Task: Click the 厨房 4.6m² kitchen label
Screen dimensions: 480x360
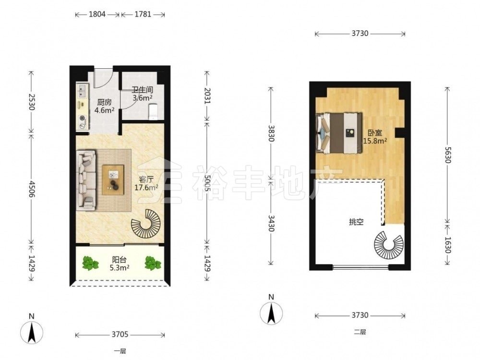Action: tap(104, 106)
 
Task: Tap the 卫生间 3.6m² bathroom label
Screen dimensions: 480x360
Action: tap(143, 94)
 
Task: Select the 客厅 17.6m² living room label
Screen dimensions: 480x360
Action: tap(146, 183)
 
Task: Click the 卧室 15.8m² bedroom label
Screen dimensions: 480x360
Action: tap(375, 137)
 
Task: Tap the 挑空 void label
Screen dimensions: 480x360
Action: tap(356, 222)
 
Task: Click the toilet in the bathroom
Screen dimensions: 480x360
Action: tap(153, 112)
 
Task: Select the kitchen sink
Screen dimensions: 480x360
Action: tap(82, 91)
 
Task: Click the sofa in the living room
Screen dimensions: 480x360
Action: tap(86, 180)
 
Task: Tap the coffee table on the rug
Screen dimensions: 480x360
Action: tap(113, 180)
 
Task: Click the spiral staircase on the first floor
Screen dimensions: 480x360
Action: tap(146, 224)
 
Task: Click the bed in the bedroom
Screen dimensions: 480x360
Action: tap(339, 133)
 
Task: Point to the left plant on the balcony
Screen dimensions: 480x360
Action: tap(90, 263)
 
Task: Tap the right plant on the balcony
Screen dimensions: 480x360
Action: tap(153, 263)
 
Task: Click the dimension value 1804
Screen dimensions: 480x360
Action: tap(97, 14)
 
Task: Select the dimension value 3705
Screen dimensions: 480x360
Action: tap(120, 334)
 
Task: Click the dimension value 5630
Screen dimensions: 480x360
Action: tap(447, 155)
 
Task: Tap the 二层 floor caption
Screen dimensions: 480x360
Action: tap(360, 332)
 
